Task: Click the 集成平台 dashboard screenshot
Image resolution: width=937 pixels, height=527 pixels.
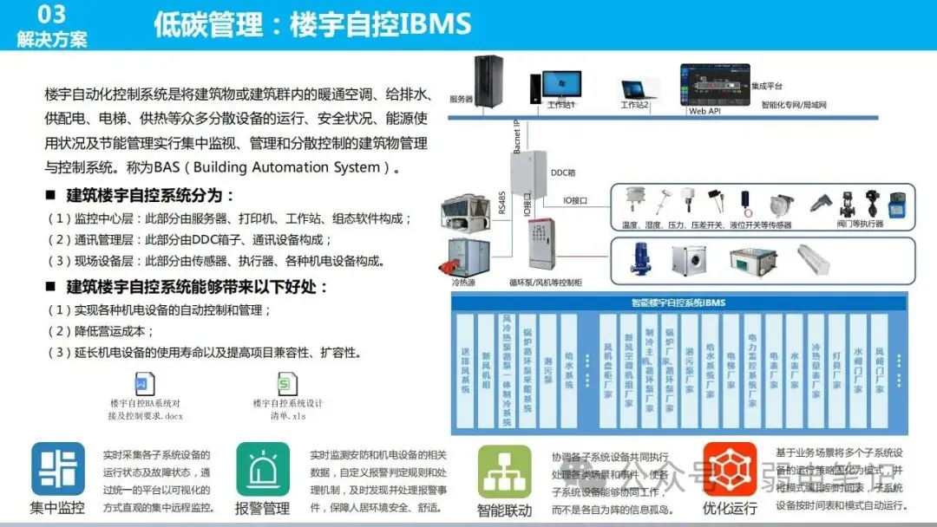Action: click(x=715, y=84)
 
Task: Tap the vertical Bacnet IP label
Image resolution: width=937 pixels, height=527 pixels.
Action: click(x=516, y=137)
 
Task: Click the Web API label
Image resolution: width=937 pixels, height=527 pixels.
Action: click(x=704, y=111)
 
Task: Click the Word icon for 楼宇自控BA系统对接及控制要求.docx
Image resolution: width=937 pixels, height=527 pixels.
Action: click(x=145, y=384)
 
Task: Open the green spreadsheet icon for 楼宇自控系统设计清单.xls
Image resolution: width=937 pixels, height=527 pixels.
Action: click(x=287, y=384)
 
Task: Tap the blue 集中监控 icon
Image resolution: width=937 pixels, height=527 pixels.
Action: click(x=58, y=469)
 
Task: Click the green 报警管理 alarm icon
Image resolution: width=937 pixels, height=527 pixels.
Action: click(x=263, y=469)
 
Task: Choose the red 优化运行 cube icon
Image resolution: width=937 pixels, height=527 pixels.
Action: click(x=730, y=469)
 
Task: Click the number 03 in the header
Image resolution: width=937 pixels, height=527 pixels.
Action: click(x=52, y=13)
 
